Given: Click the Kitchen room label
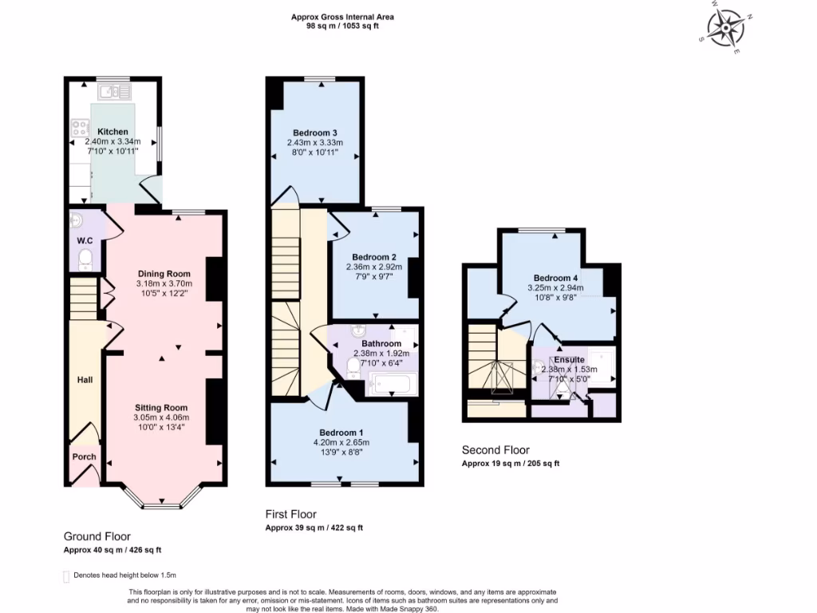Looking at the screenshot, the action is tap(112, 132).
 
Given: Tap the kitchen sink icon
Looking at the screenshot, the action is tap(114, 93).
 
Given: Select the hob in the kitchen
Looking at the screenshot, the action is tap(80, 128).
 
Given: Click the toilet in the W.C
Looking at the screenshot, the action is tap(85, 259).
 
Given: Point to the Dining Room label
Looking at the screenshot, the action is tap(164, 274).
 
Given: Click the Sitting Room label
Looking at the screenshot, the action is tap(161, 408).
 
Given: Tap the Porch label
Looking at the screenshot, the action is tap(84, 457).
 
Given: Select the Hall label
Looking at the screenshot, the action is tap(85, 379).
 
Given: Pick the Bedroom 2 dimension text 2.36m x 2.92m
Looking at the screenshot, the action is tap(374, 267).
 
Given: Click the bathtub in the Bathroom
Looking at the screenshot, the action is tap(392, 384).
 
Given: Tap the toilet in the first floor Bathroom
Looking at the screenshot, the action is tap(353, 367).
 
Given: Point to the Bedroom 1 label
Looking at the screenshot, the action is tap(341, 433).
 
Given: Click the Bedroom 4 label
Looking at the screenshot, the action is tap(555, 278).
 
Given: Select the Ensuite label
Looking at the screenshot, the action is tap(569, 360).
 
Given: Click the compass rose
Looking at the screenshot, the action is tap(725, 27).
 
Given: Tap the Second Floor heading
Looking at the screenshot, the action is tap(495, 450).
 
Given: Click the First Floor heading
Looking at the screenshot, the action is tap(290, 514).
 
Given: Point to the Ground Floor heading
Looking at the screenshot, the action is tap(97, 536).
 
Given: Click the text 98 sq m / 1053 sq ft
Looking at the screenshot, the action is tap(342, 26).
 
